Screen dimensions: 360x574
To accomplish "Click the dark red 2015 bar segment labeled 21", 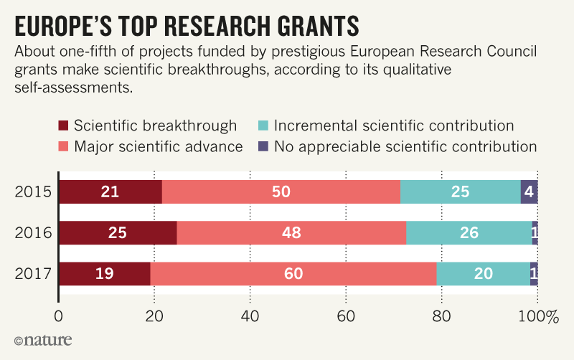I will [x=110, y=192].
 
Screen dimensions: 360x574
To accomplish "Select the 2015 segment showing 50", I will [x=281, y=192].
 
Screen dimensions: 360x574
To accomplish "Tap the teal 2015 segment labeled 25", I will [x=460, y=192].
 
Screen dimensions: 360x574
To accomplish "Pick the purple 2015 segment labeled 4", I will [x=530, y=192].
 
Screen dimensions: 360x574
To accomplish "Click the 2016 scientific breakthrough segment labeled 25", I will [x=118, y=233].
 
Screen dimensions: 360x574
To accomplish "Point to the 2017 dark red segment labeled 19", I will [x=104, y=274].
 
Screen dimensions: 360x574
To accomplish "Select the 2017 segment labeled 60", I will [x=293, y=274].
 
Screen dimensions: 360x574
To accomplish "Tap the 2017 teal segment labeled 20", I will [x=483, y=274].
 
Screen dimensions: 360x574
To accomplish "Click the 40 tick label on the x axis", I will [x=250, y=315].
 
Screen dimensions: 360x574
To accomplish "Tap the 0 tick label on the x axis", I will [x=59, y=315].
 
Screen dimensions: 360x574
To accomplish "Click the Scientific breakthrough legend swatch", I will [x=62, y=126].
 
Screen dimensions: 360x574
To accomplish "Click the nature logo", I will [x=43, y=339].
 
